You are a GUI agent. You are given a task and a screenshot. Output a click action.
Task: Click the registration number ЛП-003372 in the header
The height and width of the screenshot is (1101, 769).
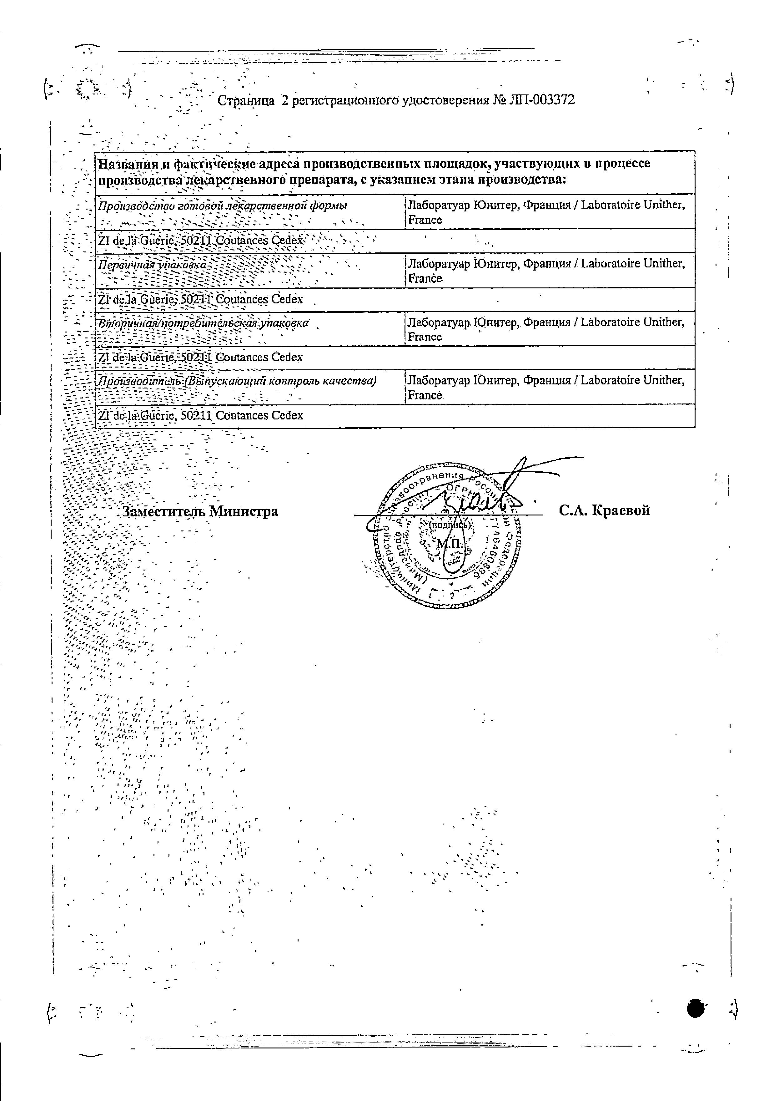(x=542, y=100)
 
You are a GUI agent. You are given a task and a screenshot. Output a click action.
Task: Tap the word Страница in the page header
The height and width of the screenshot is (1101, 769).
(x=245, y=101)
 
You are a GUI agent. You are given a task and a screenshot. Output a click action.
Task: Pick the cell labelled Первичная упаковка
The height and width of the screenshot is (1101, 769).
(x=152, y=265)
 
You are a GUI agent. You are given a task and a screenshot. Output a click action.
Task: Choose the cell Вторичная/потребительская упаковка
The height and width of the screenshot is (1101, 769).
(x=203, y=323)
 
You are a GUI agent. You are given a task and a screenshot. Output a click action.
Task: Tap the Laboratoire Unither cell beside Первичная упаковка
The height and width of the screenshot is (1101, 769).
(x=546, y=271)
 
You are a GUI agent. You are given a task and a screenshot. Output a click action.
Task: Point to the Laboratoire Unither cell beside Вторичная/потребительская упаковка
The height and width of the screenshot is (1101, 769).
(x=546, y=329)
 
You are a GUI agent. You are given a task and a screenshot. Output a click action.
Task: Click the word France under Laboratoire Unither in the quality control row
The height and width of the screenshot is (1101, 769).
(x=425, y=396)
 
